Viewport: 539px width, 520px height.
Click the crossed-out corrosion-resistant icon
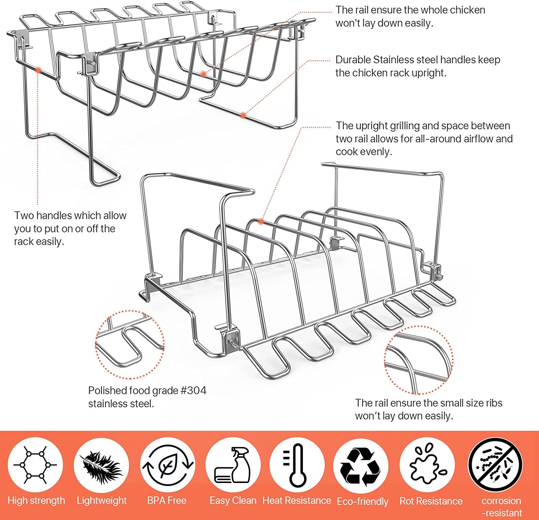click(495, 465)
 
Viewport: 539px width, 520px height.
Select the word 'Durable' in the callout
click(353, 60)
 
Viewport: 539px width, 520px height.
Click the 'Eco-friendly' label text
click(363, 501)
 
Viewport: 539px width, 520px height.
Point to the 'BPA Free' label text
click(167, 501)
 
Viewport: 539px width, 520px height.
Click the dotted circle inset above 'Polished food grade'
click(130, 345)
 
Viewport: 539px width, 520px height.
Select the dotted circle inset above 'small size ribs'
click(419, 360)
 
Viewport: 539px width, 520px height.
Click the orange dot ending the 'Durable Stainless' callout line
click(243, 115)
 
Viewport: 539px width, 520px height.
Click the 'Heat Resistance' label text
click(297, 501)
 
